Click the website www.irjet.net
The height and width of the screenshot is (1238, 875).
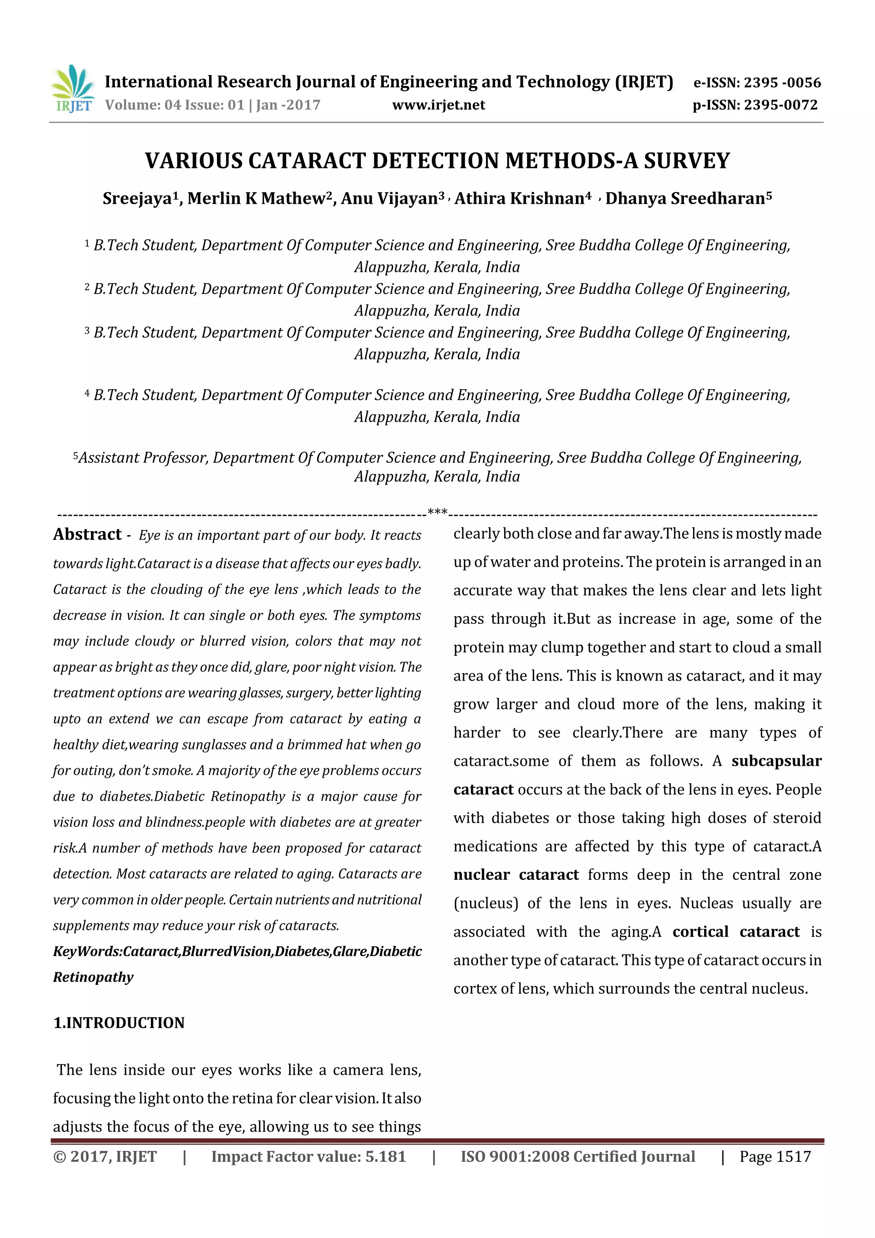[438, 105]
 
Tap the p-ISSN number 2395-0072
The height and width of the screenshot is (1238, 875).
[780, 105]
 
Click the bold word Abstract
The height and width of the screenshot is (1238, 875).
[87, 534]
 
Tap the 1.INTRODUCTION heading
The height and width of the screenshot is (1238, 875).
[119, 1023]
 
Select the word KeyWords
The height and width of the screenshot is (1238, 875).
[86, 952]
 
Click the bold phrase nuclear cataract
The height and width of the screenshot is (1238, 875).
[516, 875]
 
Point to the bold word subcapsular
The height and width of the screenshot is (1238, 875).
[776, 761]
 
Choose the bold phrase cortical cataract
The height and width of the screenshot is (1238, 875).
[736, 932]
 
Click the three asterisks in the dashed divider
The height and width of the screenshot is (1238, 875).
[437, 511]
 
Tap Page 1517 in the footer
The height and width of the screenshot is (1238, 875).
[775, 1156]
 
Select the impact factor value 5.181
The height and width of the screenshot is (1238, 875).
[385, 1156]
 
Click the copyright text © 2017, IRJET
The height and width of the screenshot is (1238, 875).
[105, 1156]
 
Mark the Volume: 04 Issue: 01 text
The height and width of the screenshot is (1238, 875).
[175, 105]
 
